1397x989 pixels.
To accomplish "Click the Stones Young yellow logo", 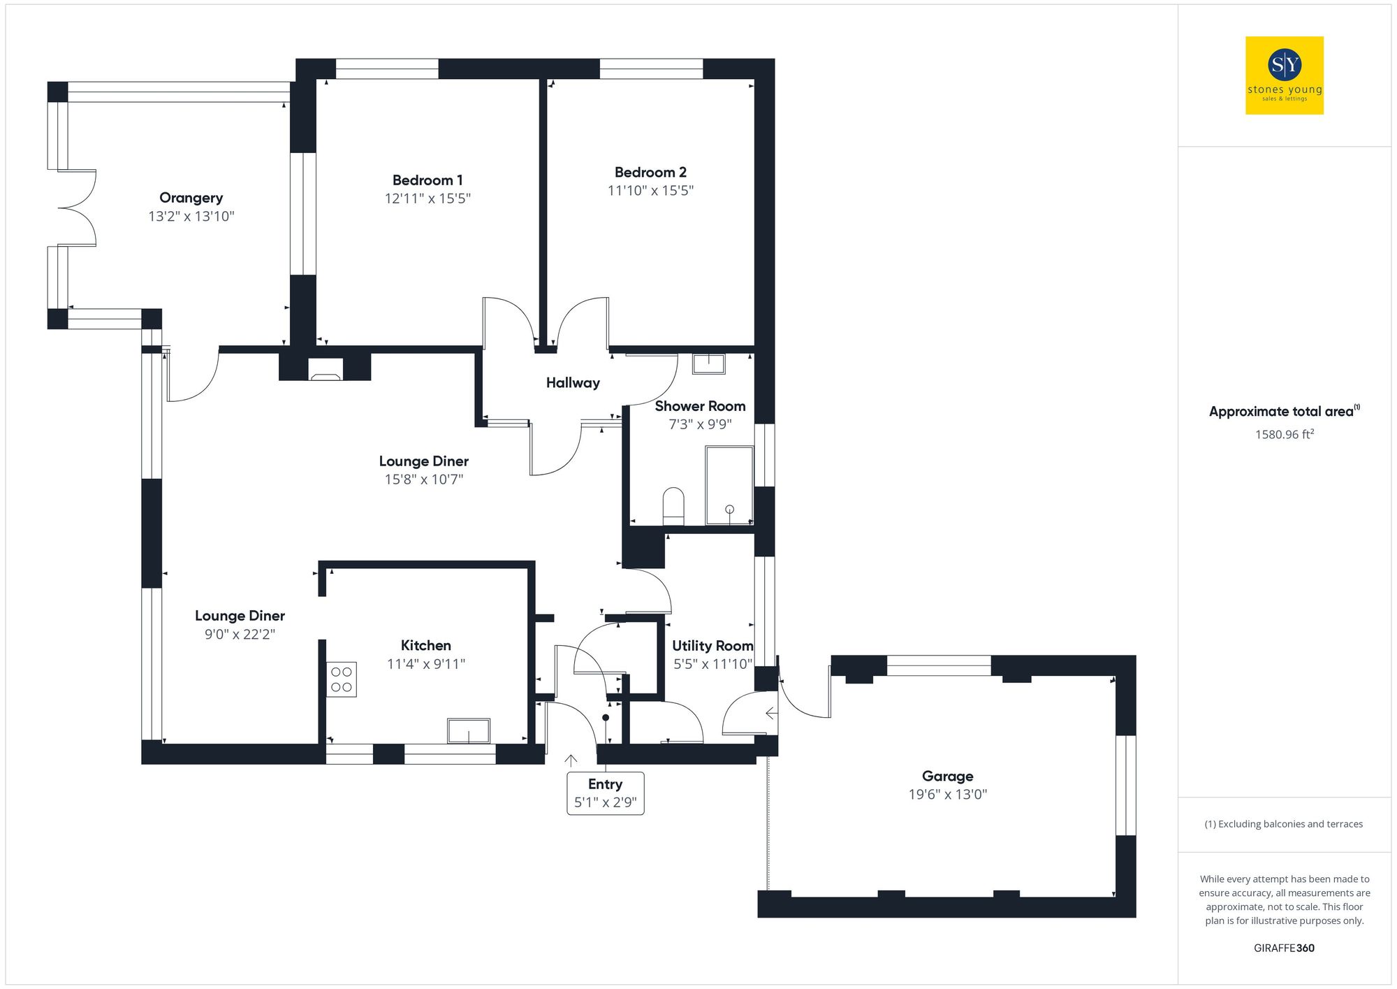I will coord(1284,75).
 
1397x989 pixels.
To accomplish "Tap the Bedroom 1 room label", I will coord(427,180).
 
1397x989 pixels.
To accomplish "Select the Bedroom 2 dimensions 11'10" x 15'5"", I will coord(650,191).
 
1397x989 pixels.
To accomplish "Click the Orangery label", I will coord(191,198).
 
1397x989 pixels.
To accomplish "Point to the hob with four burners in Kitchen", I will coord(342,679).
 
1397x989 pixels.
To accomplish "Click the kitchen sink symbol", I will coord(468,730).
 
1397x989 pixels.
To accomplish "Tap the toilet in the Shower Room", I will coord(673,506).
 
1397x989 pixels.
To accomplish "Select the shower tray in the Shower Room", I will coord(729,485).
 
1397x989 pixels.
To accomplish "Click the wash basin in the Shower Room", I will coord(708,363).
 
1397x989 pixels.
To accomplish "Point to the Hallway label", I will coord(573,383).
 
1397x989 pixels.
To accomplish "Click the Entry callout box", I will coord(605,793).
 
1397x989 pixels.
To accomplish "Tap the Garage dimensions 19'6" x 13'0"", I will coord(947,795).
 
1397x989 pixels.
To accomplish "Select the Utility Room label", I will coord(712,646).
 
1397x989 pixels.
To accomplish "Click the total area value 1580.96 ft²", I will coord(1284,435).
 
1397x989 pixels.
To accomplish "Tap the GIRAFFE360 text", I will coord(1284,948).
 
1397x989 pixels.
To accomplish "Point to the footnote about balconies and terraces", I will coord(1283,824).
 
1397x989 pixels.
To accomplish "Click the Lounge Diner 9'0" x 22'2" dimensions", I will coord(240,635).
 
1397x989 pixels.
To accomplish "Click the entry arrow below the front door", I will coord(571,760).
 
